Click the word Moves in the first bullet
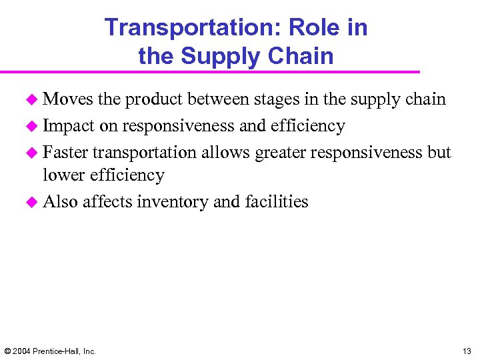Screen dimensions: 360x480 pos(67,99)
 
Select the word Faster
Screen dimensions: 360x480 pos(65,153)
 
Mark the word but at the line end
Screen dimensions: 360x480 pos(439,153)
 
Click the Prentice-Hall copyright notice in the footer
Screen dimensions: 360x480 pos(50,351)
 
